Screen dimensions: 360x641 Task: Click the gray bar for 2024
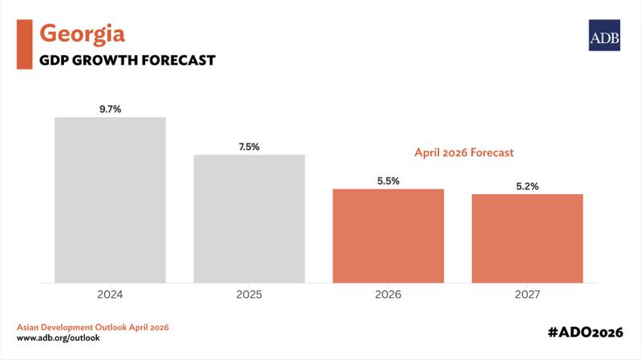(110, 200)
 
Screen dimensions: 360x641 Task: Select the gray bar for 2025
(249, 218)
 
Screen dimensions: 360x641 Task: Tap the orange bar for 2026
(388, 236)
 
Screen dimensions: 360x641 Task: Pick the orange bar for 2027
(527, 238)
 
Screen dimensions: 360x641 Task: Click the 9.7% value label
(110, 108)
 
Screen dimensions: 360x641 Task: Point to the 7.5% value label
(249, 146)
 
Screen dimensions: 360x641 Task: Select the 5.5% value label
(388, 180)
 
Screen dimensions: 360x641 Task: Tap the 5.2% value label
(527, 185)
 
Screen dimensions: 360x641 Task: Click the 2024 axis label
(110, 294)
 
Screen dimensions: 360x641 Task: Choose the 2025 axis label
(249, 294)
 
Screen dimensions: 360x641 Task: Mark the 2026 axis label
(388, 294)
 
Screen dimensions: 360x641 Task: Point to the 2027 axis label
(527, 294)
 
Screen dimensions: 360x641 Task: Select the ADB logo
(604, 35)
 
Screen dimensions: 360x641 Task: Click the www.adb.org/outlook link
(58, 338)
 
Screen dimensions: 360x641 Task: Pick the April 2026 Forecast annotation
(464, 151)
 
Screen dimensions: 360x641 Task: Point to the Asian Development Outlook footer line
(93, 327)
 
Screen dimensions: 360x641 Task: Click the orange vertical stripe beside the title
(23, 44)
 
